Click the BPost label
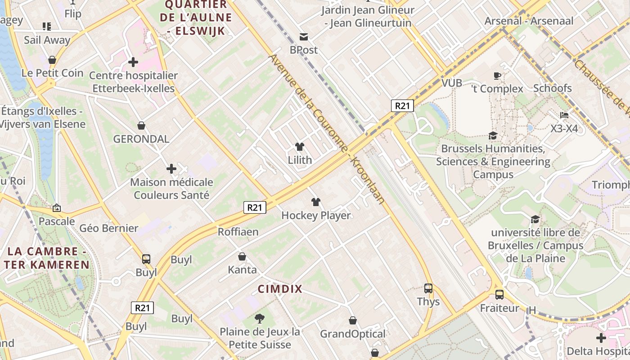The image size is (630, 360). coord(304,50)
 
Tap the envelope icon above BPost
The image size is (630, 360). coord(304,37)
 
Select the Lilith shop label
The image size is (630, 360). coord(300,160)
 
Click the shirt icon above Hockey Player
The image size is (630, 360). coord(316,202)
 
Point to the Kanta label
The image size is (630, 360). coord(242,270)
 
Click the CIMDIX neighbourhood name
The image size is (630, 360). coord(280,289)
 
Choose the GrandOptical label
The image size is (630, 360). coord(353,334)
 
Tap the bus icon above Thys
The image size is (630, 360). coord(428,288)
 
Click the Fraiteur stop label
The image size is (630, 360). coord(499,308)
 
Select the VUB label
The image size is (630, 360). coord(452,83)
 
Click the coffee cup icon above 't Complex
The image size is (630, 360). coord(497,76)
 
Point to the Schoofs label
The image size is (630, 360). coord(552,88)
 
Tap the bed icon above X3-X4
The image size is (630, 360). coord(564,115)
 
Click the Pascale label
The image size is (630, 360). coord(57,221)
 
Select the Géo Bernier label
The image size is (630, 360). coord(109,228)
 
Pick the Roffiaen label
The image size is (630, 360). coord(238,232)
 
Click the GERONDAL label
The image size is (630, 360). coord(141,139)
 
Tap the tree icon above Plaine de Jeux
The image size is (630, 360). coord(259,319)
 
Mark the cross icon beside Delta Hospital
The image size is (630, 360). coord(601,338)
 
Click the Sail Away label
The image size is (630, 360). coord(47,40)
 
